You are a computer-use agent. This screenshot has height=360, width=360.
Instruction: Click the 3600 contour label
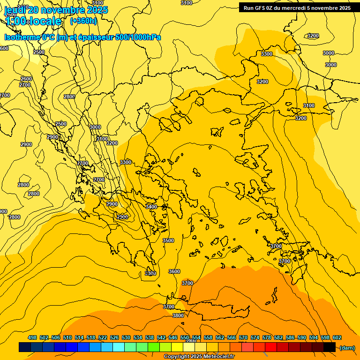pyautogui.click(x=174, y=271)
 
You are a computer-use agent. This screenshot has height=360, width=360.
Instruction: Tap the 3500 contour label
pyautogui.click(x=168, y=240)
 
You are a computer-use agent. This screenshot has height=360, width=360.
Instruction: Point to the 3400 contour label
pyautogui.click(x=151, y=207)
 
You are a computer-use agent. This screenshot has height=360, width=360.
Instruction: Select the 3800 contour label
pyautogui.click(x=178, y=315)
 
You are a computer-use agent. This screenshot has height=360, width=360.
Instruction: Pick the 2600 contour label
pyautogui.click(x=26, y=79)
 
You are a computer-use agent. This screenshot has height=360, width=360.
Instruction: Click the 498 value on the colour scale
pyautogui.click(x=32, y=337)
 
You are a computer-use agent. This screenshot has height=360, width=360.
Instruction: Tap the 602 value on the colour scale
pyautogui.click(x=337, y=337)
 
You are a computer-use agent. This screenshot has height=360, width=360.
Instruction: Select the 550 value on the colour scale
pyautogui.click(x=185, y=337)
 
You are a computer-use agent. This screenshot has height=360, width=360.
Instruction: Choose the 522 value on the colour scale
pyautogui.click(x=103, y=337)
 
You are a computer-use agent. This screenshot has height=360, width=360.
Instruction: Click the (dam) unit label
pyautogui.click(x=347, y=347)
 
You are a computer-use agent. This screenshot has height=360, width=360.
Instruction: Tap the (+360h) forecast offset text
pyautogui.click(x=83, y=21)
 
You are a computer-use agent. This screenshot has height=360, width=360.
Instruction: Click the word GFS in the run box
pyautogui.click(x=262, y=8)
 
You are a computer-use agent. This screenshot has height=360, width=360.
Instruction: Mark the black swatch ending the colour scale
pyautogui.click(x=329, y=347)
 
